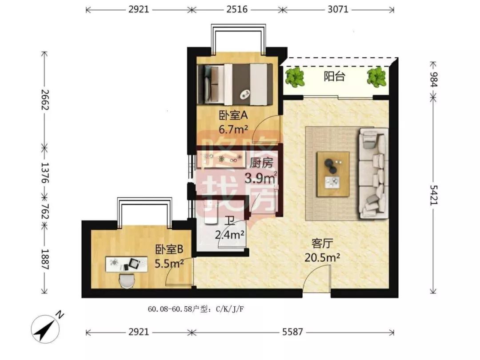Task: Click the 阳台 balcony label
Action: (334, 76)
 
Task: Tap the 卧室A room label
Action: (233, 116)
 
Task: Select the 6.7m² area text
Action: (233, 129)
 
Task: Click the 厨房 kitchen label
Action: (261, 163)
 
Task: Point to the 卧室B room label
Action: (169, 249)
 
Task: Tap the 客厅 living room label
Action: (322, 244)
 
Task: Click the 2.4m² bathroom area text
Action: (230, 235)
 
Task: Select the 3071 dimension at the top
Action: (338, 9)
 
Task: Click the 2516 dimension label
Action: (237, 9)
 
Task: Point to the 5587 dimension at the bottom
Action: (292, 332)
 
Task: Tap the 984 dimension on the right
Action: (434, 80)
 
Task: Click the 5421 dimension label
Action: (434, 195)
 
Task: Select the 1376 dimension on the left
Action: (45, 172)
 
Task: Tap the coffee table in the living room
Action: (333, 174)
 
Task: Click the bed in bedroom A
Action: (235, 84)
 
